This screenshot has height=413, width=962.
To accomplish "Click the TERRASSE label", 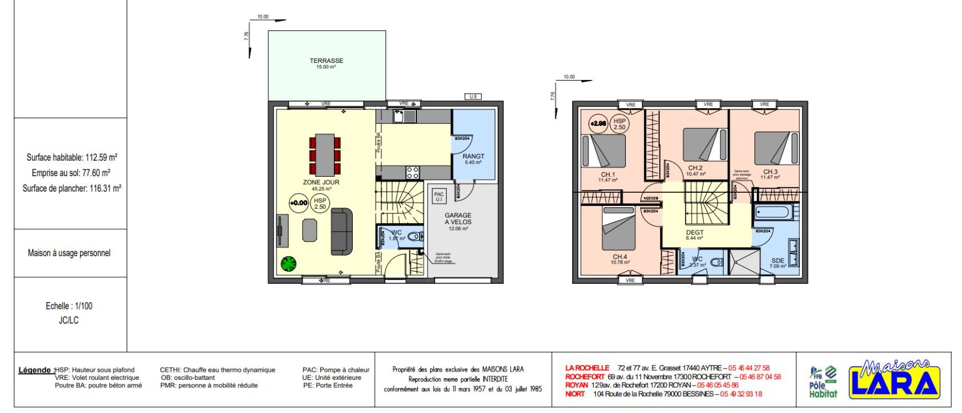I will pos(326,61).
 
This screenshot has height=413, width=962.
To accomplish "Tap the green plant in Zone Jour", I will pos(289,264).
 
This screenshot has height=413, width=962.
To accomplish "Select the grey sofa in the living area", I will pos(342,232).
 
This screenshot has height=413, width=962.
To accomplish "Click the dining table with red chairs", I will pos(325,154).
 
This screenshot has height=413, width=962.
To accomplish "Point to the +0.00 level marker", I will pos(298,202).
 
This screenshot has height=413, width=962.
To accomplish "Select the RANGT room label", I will pos(474,156).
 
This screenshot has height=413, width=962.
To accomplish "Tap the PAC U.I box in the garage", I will pos(439,197).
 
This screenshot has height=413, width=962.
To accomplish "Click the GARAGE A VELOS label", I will pos(458,219).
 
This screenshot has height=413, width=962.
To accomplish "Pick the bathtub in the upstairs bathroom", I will pos(773,213).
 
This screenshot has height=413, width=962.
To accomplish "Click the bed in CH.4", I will pos(618,229).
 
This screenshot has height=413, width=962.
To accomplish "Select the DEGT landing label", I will pos(695,233).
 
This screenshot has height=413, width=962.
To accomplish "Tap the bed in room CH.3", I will pos(776,148).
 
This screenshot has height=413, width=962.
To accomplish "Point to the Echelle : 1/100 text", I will pos(69,306).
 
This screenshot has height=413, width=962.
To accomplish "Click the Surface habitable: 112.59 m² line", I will pos(72,157).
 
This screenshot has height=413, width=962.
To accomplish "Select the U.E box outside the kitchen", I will pos(473,97).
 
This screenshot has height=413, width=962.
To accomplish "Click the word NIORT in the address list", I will pos(575,394).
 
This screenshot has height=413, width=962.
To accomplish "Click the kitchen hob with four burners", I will pos(413,172).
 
